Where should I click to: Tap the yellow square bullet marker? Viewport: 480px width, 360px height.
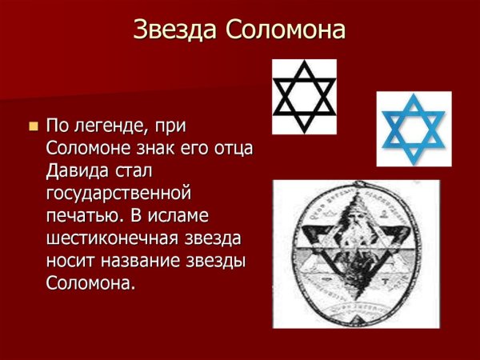click(33, 126)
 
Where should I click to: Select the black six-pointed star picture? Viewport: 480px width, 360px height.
click(304, 96)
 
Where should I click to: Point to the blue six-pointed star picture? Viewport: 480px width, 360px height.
click(414, 128)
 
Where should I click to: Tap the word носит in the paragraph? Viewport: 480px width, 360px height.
click(70, 262)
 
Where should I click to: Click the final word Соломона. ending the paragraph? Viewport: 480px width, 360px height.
click(87, 284)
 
